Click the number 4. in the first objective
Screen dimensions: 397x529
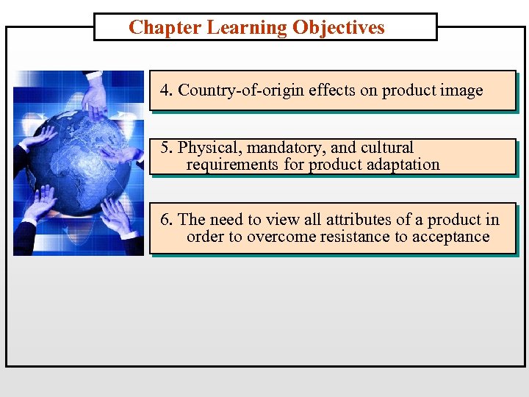(x=167, y=90)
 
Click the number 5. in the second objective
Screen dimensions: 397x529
(x=168, y=148)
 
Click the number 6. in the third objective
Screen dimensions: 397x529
(x=167, y=219)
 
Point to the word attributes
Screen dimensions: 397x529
(x=359, y=219)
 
